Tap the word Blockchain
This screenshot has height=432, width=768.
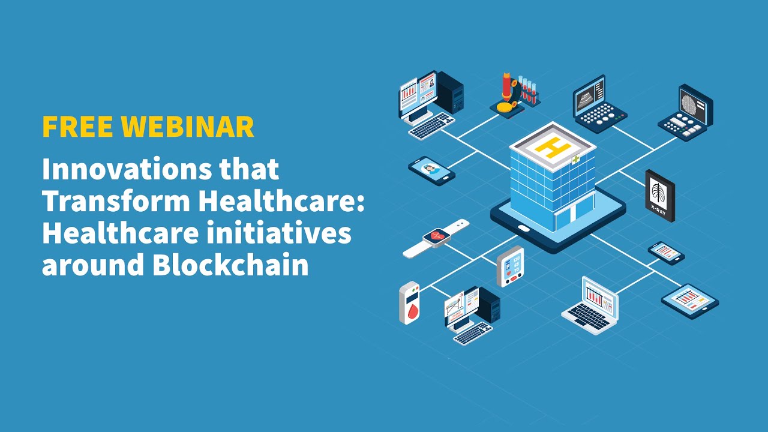230,265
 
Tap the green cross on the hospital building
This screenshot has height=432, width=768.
577,160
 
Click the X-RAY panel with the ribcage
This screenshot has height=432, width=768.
659,195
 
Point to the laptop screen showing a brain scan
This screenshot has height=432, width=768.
695,103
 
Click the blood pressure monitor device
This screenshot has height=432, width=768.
510,266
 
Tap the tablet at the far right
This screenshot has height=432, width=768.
690,300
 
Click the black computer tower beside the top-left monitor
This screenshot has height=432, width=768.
450,93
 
